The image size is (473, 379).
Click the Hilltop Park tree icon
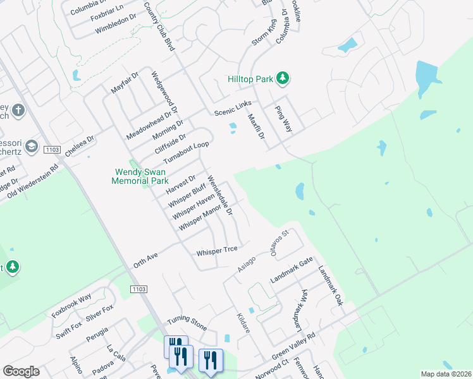[x=284, y=78]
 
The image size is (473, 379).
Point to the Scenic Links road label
[x=233, y=108]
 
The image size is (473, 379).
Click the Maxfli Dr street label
[x=255, y=126]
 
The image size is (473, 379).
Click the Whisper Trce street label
[x=216, y=251]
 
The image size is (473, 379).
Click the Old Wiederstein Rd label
[x=33, y=182]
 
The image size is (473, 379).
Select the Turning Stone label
[x=187, y=324]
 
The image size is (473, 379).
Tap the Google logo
[x=21, y=371]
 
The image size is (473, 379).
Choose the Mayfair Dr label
[x=125, y=83]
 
